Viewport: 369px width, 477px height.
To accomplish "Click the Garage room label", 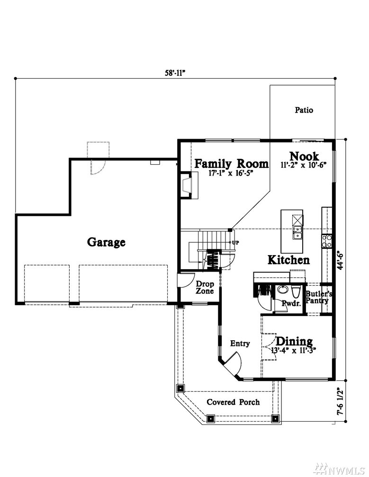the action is click(x=106, y=242).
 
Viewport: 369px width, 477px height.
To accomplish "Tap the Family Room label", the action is click(x=231, y=164).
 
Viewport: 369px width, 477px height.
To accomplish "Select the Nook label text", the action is click(x=304, y=156).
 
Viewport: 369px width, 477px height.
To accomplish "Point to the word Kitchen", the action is click(x=288, y=260).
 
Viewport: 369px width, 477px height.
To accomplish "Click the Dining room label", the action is click(x=294, y=341).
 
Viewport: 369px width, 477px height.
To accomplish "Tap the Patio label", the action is click(x=304, y=110).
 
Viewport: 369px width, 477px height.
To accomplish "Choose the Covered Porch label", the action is click(x=233, y=402).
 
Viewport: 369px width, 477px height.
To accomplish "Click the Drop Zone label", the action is click(x=205, y=288).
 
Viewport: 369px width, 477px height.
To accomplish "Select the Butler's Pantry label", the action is click(x=318, y=297).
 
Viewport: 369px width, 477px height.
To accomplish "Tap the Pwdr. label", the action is click(x=291, y=303).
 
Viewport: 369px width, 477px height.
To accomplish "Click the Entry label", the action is click(x=240, y=344).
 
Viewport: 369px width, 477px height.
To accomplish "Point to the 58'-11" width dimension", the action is click(x=175, y=73).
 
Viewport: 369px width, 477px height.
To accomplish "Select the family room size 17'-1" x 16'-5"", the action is click(x=231, y=173).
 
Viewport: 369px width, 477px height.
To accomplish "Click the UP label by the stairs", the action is click(x=235, y=243).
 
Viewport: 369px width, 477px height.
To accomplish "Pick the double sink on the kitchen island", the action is click(x=297, y=233).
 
